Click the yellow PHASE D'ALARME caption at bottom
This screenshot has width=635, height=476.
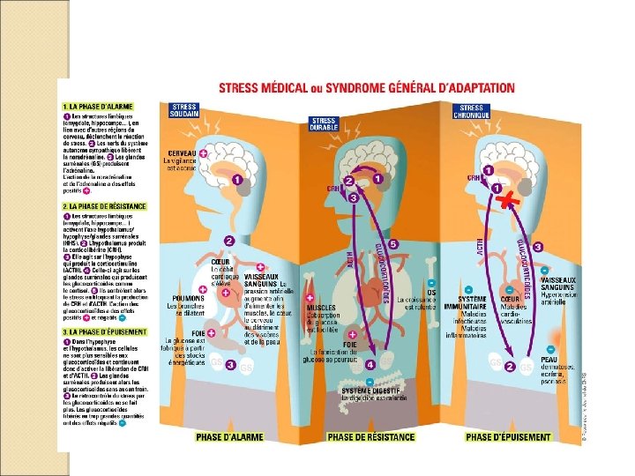click(228, 436)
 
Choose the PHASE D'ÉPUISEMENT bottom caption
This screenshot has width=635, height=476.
click(508, 436)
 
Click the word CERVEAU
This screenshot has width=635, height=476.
click(179, 153)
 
